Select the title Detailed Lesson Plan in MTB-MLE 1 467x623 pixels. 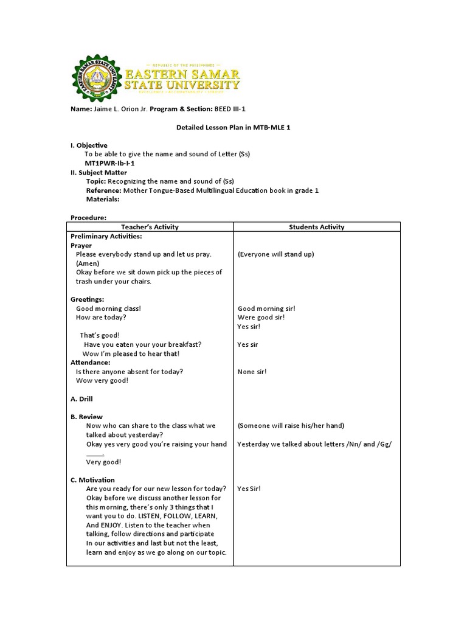[233, 127]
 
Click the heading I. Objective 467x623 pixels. [89, 145]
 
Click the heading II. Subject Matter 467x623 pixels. [99, 172]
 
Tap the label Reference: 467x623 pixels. [104, 190]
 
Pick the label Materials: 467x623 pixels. [103, 200]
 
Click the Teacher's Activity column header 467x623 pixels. [150, 227]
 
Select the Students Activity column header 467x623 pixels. [316, 227]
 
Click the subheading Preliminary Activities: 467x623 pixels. [106, 236]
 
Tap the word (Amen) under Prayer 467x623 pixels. [88, 263]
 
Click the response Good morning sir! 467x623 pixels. [266, 308]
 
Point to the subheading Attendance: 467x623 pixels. [91, 363]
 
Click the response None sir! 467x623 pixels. [252, 372]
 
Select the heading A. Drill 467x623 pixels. [82, 399]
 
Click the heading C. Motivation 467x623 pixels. [92, 480]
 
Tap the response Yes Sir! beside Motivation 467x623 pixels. [249, 489]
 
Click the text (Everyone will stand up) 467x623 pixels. [275, 254]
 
